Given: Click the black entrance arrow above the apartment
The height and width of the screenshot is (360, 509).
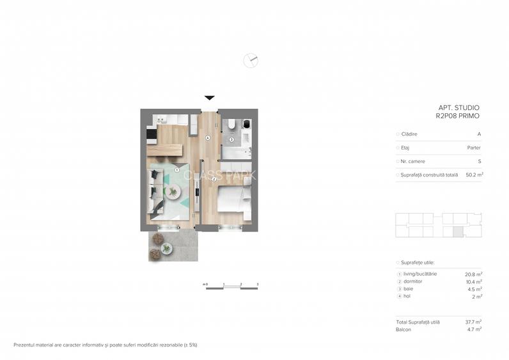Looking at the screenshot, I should (209, 98).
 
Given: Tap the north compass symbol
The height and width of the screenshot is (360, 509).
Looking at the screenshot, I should (251, 61).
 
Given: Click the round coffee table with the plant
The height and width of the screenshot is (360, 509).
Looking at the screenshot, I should (175, 191).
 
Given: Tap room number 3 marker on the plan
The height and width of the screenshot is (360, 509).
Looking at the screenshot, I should (231, 139).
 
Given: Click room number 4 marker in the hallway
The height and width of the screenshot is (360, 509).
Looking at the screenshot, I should (208, 138).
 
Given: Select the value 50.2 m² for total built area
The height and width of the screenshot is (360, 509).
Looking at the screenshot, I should (474, 174).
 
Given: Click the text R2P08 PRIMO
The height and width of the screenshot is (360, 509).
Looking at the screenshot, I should (457, 116).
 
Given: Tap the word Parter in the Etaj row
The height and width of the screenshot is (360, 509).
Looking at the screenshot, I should (474, 148).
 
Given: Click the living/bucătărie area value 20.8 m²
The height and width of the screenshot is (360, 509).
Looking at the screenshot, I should (473, 274).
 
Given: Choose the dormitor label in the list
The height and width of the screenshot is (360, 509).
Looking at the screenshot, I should (413, 281).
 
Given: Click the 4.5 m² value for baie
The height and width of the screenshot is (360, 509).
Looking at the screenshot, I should (474, 288).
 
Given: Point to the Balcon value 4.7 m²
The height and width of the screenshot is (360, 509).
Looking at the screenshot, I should (474, 329).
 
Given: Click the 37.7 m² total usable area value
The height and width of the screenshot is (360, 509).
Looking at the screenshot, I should (473, 322).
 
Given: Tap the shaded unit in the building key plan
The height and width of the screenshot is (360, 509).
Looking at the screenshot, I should (457, 233).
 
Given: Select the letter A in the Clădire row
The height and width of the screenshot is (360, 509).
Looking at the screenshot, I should (479, 134).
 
